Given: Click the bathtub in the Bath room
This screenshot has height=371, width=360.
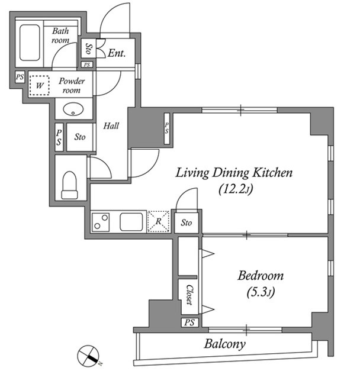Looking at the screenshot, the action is [30, 43].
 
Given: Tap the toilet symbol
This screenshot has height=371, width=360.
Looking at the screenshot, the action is [69, 185].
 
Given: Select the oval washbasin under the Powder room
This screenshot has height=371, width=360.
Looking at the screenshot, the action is [73, 109].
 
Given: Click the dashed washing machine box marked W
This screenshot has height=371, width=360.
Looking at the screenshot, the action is [39, 85].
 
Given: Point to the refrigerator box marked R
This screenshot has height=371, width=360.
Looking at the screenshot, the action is [158, 221].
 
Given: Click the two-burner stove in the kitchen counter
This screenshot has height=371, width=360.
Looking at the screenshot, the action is [101, 222].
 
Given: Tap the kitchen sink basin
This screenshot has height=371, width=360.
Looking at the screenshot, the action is [131, 222].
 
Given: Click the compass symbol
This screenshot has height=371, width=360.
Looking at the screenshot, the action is [88, 356].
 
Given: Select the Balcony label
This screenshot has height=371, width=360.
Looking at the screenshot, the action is [224, 344].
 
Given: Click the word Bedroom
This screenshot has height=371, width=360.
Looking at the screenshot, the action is [261, 276].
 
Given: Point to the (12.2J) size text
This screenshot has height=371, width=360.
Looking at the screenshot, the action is [236, 189].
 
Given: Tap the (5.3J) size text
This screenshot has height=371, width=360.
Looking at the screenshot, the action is [261, 292].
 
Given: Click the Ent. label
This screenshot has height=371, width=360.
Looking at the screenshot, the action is [117, 53].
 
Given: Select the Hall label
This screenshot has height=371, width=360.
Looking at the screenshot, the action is [111, 125].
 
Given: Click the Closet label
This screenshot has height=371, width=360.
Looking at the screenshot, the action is [189, 295].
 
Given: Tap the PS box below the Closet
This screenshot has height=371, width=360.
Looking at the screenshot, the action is [189, 322].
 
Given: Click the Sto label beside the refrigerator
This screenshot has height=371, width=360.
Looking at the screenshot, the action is [187, 222].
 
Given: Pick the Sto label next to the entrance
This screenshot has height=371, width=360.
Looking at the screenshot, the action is [89, 49].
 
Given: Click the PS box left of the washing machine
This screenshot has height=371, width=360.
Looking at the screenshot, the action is [20, 77].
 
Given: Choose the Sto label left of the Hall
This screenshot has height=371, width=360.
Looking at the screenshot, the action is [80, 137].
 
